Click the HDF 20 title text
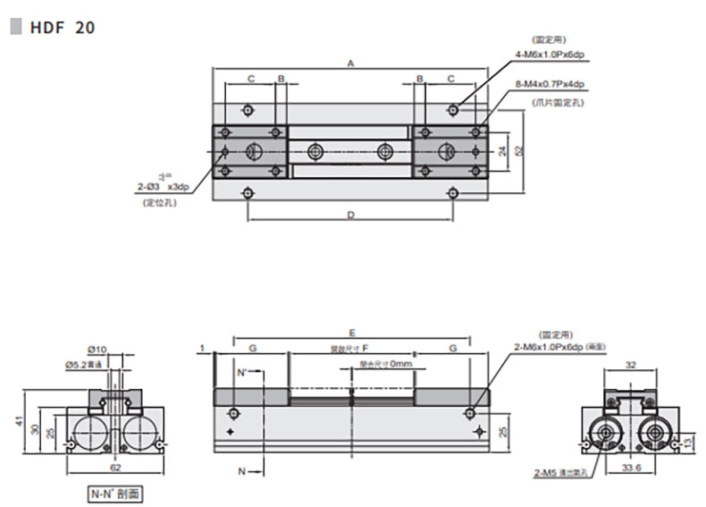62,27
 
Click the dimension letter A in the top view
351,63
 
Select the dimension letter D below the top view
351,215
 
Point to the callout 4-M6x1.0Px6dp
548,55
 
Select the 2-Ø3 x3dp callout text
163,186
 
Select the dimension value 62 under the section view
114,467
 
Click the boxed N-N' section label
114,493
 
